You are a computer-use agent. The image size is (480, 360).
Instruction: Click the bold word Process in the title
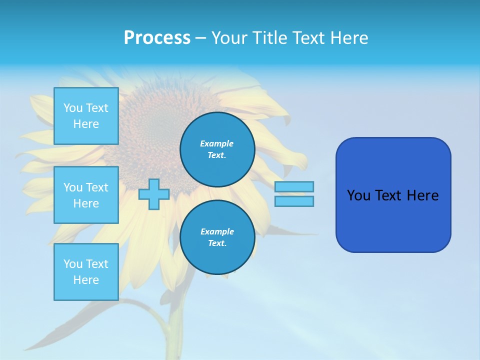click(157, 38)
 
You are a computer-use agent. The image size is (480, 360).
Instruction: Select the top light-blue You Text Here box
click(86, 116)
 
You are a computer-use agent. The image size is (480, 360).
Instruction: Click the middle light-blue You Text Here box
click(86, 195)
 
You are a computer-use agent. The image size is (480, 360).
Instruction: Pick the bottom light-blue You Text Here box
click(86, 272)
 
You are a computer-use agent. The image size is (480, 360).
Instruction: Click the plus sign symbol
click(154, 194)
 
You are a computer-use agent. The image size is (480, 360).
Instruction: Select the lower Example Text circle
click(217, 237)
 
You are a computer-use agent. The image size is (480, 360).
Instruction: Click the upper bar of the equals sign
click(294, 187)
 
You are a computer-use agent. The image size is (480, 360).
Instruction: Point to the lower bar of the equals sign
click(294, 201)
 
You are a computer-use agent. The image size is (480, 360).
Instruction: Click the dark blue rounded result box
click(393, 220)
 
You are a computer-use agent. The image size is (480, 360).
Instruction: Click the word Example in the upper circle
click(217, 143)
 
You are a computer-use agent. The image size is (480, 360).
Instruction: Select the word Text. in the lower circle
click(217, 243)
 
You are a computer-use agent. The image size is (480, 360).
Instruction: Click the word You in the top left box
click(73, 108)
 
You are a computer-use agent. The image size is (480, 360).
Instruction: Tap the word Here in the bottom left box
click(86, 280)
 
